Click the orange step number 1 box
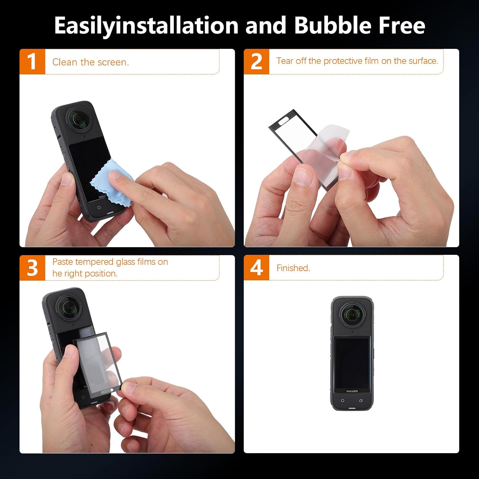(32, 62)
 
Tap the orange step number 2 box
(256, 62)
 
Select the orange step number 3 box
(32, 268)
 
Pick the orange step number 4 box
(256, 268)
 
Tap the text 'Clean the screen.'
(91, 62)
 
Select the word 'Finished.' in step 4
(293, 268)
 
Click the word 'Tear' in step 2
(285, 61)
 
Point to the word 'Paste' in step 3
(63, 262)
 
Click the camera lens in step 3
(69, 307)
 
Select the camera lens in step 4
(352, 315)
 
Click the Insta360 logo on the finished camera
(352, 391)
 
